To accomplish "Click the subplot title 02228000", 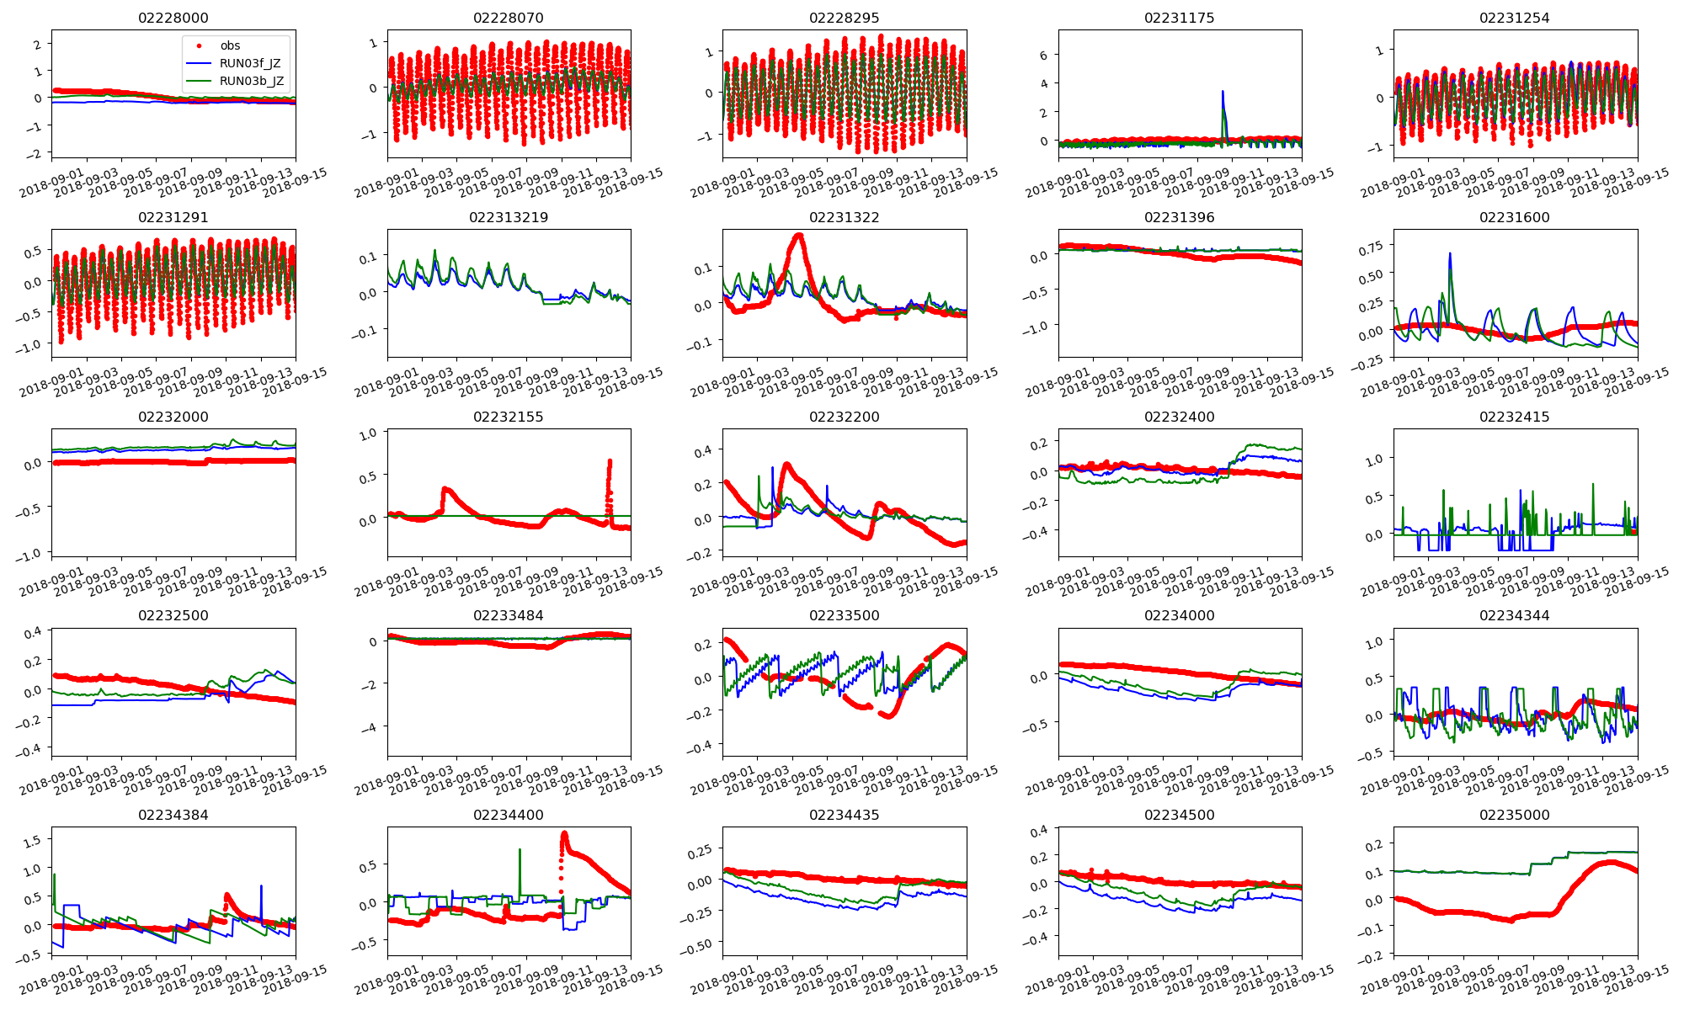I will (x=173, y=18).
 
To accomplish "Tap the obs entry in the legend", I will (x=230, y=45).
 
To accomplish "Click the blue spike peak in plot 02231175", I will (x=1223, y=92).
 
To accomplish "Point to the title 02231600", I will (x=1514, y=217).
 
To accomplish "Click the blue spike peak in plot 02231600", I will (x=1450, y=253).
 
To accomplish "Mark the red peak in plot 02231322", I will (x=798, y=235).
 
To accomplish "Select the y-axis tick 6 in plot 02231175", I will (x=1043, y=55).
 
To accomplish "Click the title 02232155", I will (x=508, y=417).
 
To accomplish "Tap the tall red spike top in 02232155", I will (x=610, y=461).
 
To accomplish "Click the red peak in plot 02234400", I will (x=564, y=834).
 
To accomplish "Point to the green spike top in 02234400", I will (x=520, y=849).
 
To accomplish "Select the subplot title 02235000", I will (x=1514, y=815).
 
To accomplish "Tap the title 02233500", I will (x=844, y=615).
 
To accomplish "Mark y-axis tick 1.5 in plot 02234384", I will (x=31, y=840).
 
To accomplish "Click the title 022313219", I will (x=508, y=217).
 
